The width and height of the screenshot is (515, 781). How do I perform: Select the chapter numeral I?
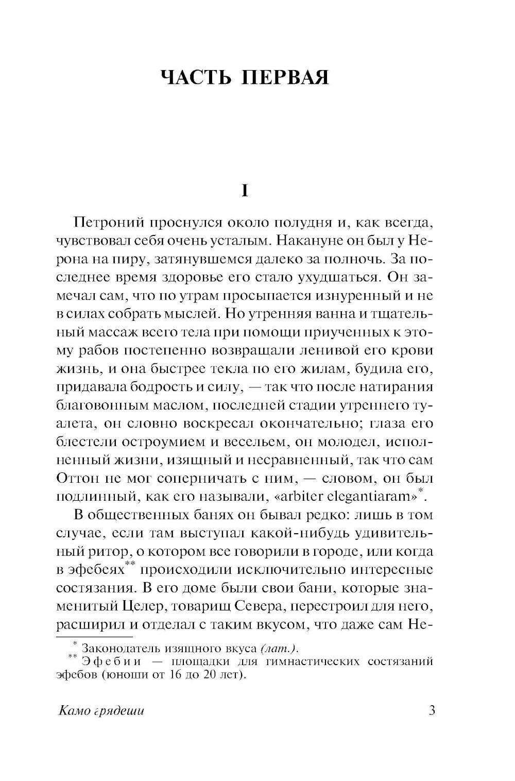tap(245, 191)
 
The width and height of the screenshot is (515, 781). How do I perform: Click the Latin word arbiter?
tap(287, 497)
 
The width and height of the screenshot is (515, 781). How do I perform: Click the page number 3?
tap(432, 711)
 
